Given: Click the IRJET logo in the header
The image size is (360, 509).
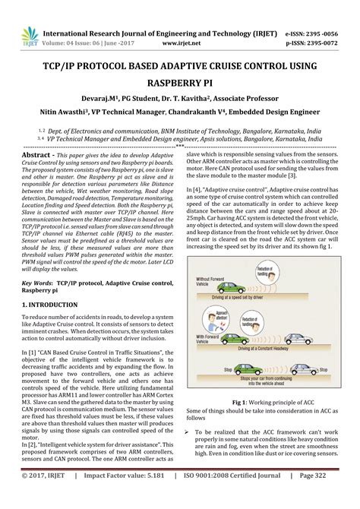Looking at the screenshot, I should [14, 17].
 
